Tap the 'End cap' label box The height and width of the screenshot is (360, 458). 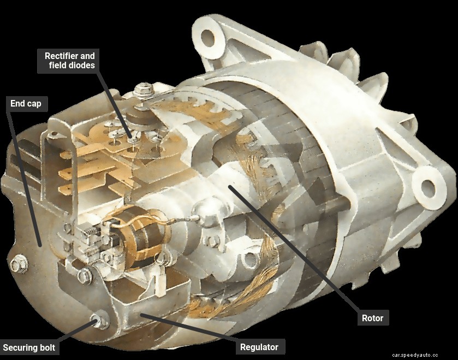[27, 104]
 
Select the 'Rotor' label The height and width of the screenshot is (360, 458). [373, 317]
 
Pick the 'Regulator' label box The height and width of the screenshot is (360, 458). [260, 347]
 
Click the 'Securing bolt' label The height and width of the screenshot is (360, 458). [29, 348]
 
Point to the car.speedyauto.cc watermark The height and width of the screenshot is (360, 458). [415, 355]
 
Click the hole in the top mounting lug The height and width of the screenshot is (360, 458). [208, 38]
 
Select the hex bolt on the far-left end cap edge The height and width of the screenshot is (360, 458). [19, 264]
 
